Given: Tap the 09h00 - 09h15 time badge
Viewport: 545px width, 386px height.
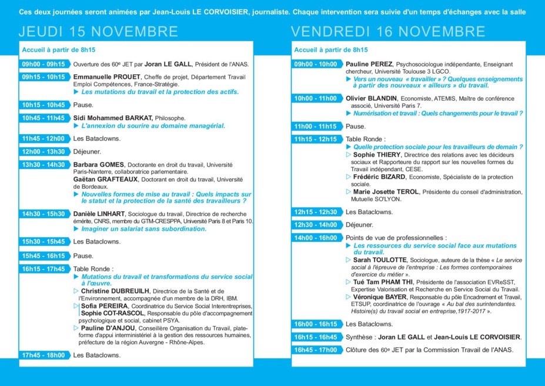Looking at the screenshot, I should (44, 64).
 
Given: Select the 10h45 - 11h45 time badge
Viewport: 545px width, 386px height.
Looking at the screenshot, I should (44, 118).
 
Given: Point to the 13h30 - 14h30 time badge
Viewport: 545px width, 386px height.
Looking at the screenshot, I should (44, 165).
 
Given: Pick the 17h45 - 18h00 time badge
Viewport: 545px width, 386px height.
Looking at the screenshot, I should (44, 355).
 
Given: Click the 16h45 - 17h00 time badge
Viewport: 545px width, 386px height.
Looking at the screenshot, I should (316, 350).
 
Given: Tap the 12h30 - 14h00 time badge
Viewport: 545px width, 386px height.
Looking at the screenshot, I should (316, 224).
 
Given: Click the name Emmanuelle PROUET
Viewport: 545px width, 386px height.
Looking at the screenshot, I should (106, 76).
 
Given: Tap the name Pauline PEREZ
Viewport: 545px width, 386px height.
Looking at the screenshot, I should (369, 64).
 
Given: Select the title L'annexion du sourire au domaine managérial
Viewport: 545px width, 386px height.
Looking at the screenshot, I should (153, 125).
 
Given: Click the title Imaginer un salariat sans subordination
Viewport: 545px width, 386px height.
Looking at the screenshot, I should (143, 228).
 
